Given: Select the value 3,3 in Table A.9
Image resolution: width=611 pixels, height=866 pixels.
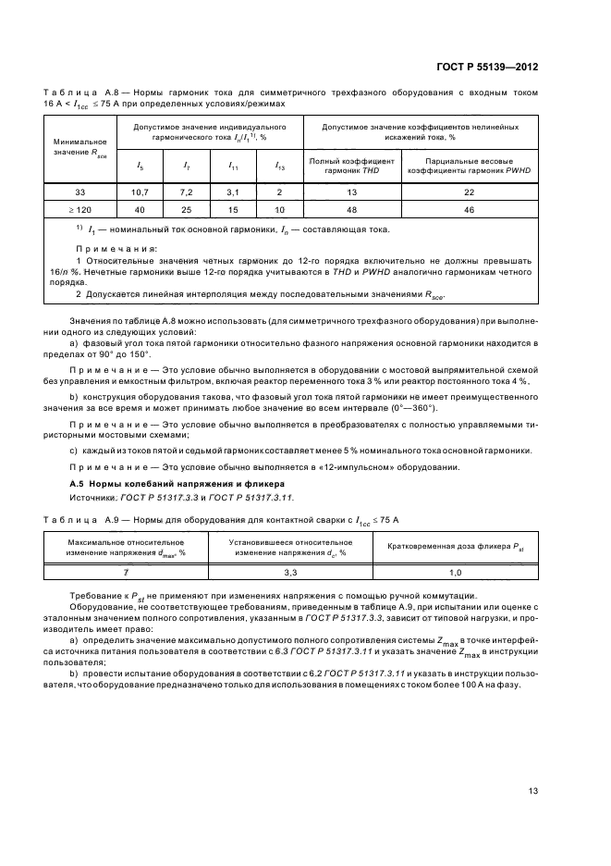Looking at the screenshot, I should point(288,573).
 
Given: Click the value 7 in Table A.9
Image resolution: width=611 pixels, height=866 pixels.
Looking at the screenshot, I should point(139,573).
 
